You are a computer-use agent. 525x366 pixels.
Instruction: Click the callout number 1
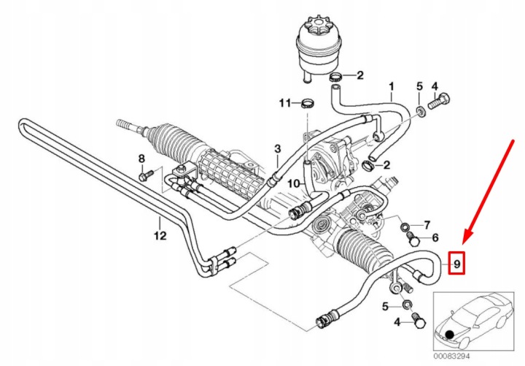click(x=392, y=87)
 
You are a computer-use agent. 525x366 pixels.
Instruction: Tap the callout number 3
click(x=278, y=148)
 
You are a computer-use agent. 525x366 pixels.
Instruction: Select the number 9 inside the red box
click(x=456, y=263)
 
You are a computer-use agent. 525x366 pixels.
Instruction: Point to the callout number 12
click(x=160, y=235)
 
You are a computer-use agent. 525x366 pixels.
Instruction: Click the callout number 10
click(x=294, y=184)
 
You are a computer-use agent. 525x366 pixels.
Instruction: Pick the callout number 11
click(x=285, y=103)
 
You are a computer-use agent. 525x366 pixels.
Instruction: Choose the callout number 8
click(x=141, y=159)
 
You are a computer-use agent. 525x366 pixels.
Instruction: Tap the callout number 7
click(x=427, y=225)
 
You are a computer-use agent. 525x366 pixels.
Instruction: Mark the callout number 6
click(x=435, y=238)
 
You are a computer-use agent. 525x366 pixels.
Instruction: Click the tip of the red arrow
click(x=463, y=243)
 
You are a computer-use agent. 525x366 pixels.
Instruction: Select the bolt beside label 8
click(x=145, y=175)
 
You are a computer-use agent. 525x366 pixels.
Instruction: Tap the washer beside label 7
click(x=405, y=227)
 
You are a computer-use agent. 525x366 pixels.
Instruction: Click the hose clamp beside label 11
click(x=307, y=103)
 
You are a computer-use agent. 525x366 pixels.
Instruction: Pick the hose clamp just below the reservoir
click(x=336, y=77)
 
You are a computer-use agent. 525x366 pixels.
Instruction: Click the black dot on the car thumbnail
click(x=450, y=334)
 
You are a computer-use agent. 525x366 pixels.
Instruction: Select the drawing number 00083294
click(x=451, y=356)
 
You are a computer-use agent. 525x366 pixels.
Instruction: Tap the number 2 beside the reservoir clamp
click(x=360, y=75)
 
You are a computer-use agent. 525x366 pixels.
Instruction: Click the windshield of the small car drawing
click(x=467, y=308)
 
